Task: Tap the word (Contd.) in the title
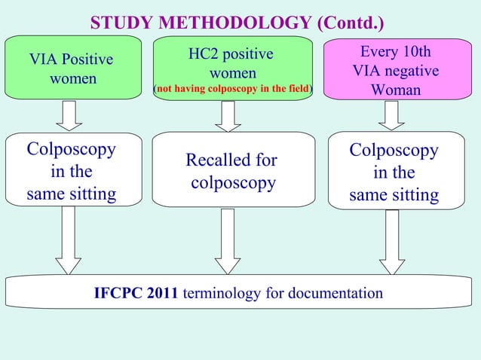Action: (353, 23)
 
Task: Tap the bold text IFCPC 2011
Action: (136, 293)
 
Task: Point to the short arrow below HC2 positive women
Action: (228, 115)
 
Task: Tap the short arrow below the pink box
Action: (392, 115)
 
